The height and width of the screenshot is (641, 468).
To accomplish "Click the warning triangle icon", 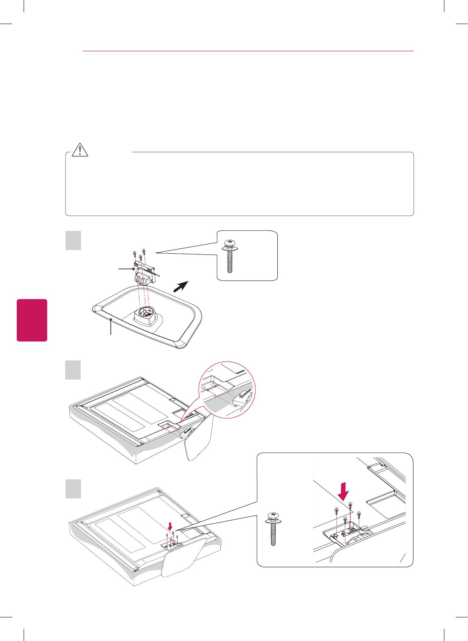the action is pos(80,149).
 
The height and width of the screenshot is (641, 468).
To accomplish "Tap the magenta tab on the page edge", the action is pos(32,320).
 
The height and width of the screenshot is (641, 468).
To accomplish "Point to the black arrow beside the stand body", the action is pos(180,286).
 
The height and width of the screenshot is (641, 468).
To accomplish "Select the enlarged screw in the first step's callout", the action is pos(230,256).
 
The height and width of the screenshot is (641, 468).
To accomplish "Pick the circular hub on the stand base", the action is pos(145,313).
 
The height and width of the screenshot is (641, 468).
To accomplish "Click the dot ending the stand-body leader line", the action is pos(133,269).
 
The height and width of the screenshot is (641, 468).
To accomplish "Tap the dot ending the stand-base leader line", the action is pos(111,320).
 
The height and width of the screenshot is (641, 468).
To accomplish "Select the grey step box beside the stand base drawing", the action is pos(73,240).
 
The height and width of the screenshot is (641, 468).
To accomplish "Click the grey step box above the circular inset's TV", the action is pos(73,370).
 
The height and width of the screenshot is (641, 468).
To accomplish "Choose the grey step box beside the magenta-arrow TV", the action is pos(73,489).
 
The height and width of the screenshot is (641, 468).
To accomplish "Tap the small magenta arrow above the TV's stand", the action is pos(170,526).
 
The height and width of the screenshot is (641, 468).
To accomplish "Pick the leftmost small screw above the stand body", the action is pos(134,254).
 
